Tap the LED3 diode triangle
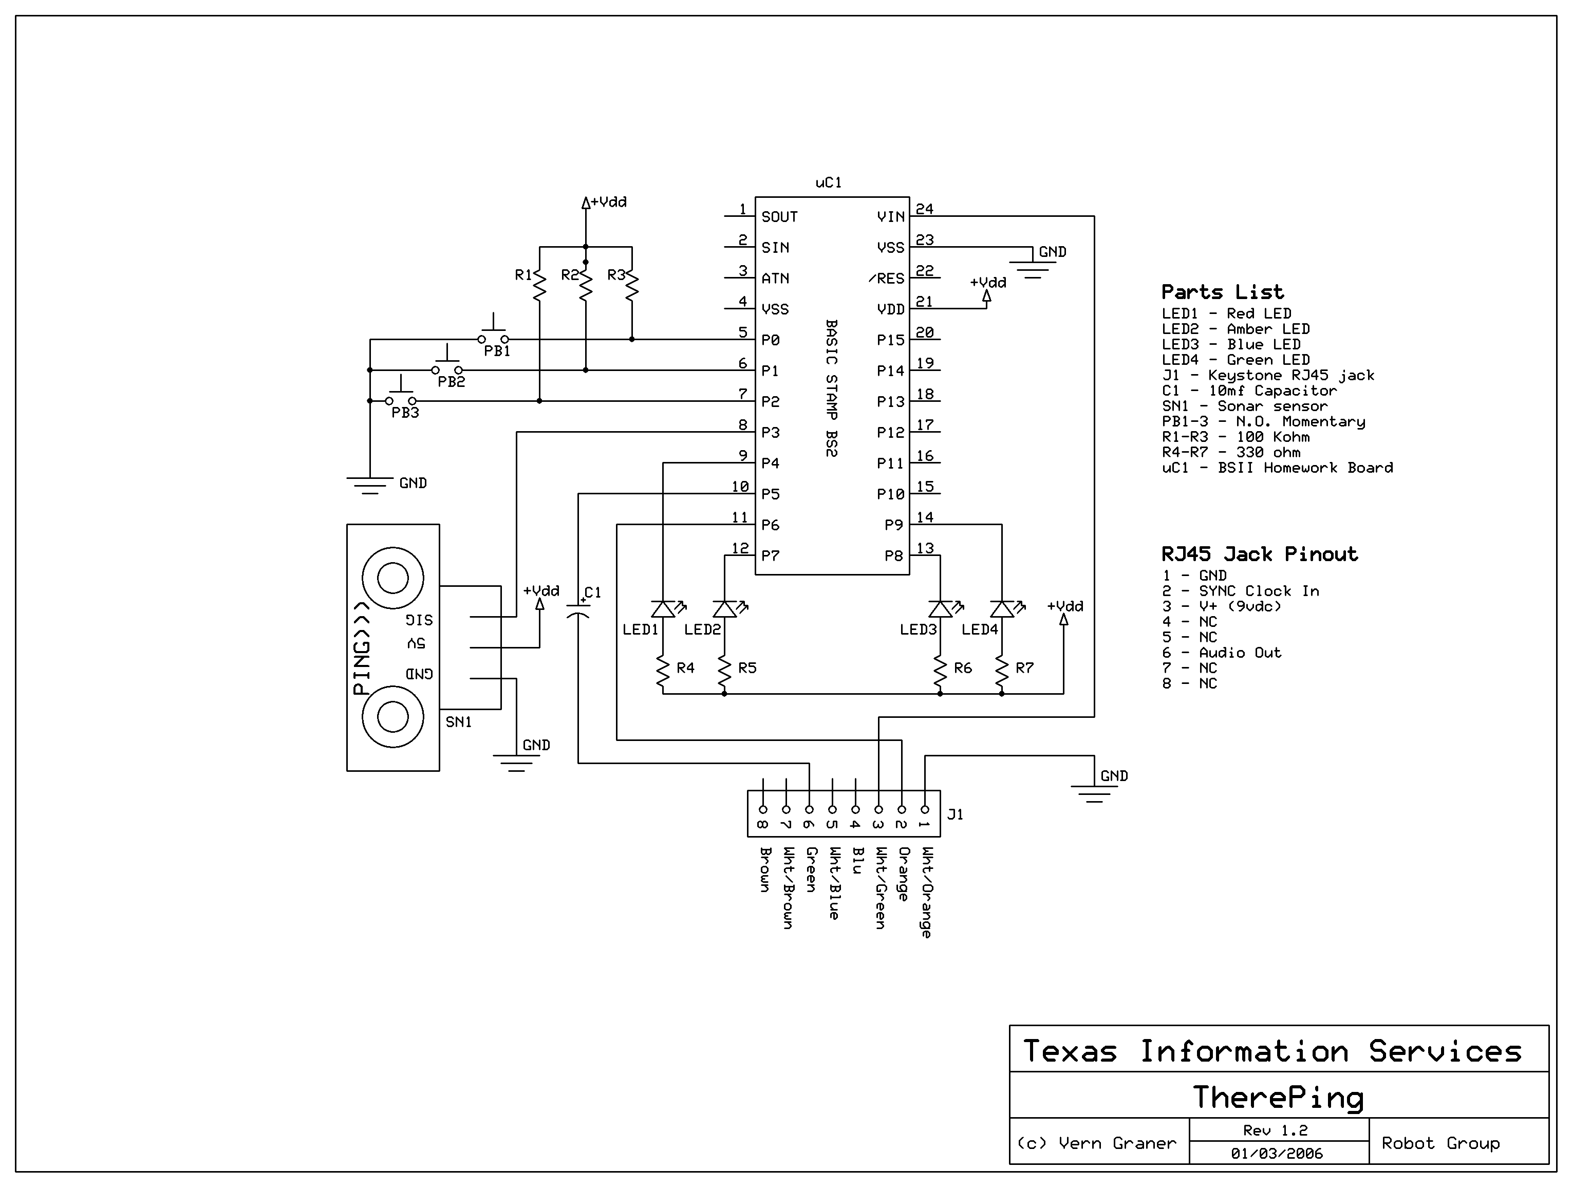click(x=940, y=609)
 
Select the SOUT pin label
click(x=780, y=217)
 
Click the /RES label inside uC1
click(x=886, y=279)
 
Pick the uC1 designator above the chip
click(x=829, y=182)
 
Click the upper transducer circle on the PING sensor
click(x=393, y=578)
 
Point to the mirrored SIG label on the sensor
click(x=419, y=620)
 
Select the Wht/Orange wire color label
click(x=926, y=892)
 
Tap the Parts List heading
click(x=1222, y=292)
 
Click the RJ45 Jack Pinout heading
click(x=1259, y=554)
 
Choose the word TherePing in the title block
click(x=1278, y=1098)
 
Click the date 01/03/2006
click(x=1277, y=1153)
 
